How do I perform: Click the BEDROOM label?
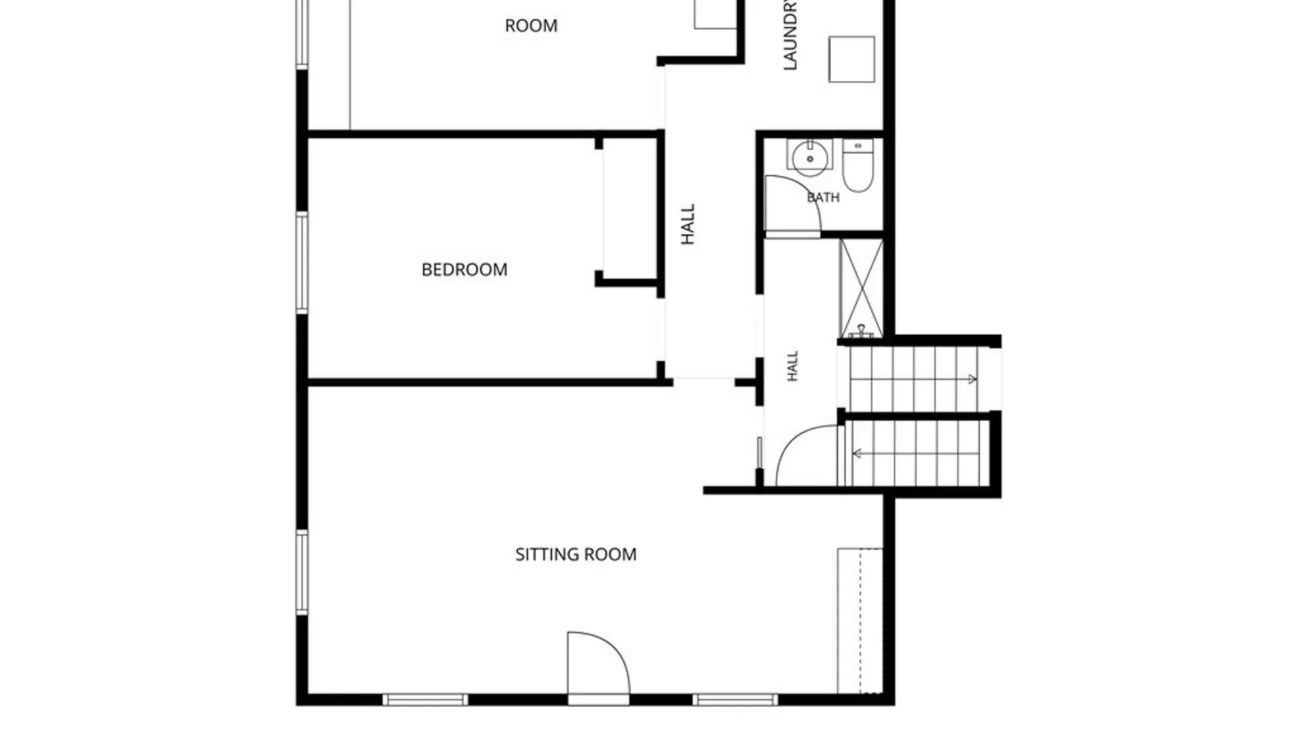[x=464, y=270]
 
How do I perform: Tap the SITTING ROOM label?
[x=576, y=554]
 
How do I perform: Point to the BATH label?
[x=823, y=197]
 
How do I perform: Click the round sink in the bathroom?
[x=810, y=158]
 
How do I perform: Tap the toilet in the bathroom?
[x=858, y=165]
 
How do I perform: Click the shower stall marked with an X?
[x=861, y=288]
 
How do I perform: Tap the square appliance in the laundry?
[x=852, y=59]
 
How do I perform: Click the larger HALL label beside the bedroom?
[x=688, y=224]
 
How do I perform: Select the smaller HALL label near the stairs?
[x=793, y=366]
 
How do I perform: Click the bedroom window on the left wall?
[x=302, y=263]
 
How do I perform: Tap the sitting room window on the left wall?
[x=302, y=572]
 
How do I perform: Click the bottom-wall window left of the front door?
[x=425, y=700]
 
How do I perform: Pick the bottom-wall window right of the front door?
[x=736, y=700]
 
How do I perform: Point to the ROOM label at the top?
[x=531, y=26]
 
